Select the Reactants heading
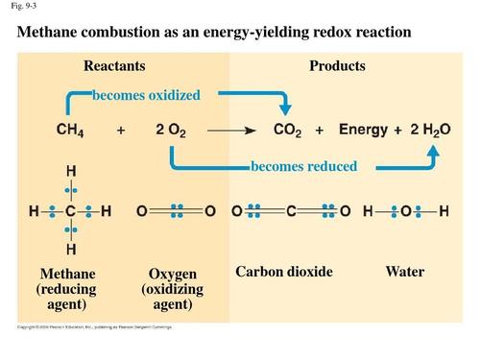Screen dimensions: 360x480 (x=114, y=66)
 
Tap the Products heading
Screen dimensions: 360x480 (x=337, y=66)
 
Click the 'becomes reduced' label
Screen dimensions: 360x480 (x=303, y=166)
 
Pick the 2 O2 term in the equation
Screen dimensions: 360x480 (x=170, y=130)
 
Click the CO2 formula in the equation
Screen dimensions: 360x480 (x=289, y=130)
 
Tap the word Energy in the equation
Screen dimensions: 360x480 (x=363, y=130)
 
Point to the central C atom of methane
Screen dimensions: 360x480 (x=71, y=209)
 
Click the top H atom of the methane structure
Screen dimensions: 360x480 (x=71, y=172)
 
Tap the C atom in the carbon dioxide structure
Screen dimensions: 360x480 (x=290, y=209)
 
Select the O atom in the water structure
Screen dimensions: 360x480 (x=405, y=209)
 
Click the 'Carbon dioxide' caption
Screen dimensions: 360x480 (x=283, y=272)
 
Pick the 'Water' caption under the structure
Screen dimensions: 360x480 (x=404, y=272)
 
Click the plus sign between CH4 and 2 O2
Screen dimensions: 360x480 (x=121, y=130)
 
